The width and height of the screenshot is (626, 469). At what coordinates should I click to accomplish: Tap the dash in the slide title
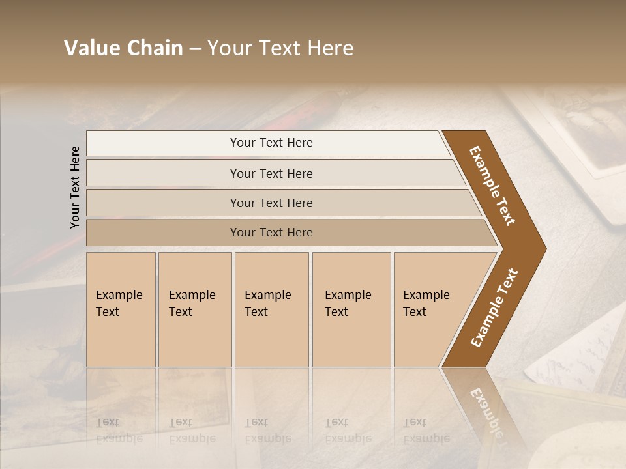point(196,49)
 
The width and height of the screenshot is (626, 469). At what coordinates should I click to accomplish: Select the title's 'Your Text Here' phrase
point(280,48)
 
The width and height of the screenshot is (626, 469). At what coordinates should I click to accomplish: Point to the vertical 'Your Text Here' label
point(75,187)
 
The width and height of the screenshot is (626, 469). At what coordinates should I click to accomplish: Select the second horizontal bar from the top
point(271,173)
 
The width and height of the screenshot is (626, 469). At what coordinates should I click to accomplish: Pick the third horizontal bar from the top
point(271,203)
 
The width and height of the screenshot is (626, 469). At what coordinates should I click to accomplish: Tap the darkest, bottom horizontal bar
point(271,233)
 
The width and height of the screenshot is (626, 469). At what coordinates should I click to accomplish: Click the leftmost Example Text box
point(121,309)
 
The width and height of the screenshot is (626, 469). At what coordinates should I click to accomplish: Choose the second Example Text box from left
point(194,309)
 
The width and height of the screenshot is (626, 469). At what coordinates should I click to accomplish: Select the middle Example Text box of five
point(271,309)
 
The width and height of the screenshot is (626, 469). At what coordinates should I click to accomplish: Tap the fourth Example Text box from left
point(351,309)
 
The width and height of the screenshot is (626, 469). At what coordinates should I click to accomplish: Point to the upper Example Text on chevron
point(492,186)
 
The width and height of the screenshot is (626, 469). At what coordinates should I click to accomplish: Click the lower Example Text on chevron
point(494,308)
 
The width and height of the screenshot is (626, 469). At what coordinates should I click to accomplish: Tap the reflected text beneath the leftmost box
point(119,431)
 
